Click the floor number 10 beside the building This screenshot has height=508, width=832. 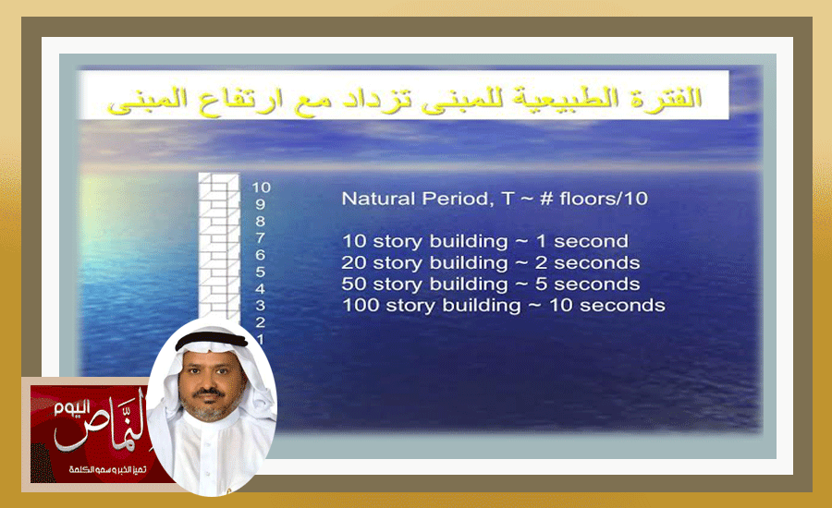[261, 187]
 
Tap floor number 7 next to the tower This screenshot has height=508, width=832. [260, 238]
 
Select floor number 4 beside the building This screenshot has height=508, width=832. [260, 289]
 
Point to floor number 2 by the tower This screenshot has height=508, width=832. [260, 321]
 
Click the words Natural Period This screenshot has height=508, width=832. [415, 199]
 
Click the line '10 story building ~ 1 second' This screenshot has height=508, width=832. [485, 241]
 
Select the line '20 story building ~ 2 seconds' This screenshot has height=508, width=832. [490, 262]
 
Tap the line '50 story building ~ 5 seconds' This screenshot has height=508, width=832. [490, 284]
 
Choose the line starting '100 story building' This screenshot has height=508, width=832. [504, 306]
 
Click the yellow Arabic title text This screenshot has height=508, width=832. [404, 101]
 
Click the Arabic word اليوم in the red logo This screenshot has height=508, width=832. [71, 409]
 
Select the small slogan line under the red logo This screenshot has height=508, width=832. [108, 470]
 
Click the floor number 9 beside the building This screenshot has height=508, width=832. [260, 204]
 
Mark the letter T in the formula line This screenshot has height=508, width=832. [508, 199]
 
